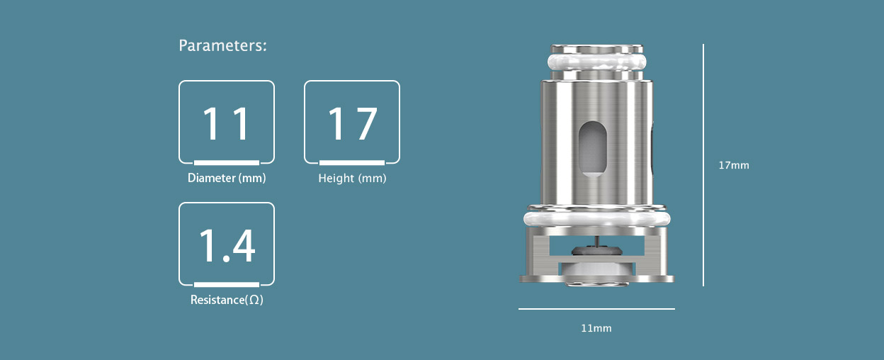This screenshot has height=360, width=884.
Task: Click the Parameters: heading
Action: pos(222,46)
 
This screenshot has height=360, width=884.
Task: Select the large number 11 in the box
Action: pos(226,123)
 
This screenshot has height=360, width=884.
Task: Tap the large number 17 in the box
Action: pos(352,123)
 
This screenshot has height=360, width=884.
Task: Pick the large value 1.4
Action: pos(226,245)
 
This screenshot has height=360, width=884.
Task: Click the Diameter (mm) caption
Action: pos(227,178)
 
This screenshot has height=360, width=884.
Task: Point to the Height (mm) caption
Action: pos(352,178)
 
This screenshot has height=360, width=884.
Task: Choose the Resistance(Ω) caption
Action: pos(227,300)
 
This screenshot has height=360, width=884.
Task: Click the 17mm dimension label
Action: pos(733,165)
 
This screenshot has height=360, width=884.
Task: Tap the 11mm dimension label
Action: pos(596,328)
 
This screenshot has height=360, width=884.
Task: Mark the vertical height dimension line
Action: pos(703,165)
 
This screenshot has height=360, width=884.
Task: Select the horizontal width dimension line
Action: pos(596,309)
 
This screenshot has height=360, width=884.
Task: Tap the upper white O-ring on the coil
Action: pos(596,63)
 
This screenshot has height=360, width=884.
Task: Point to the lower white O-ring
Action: pos(596,219)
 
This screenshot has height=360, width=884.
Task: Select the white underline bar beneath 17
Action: pos(352,162)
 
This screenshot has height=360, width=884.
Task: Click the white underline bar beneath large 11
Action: pos(226,162)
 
